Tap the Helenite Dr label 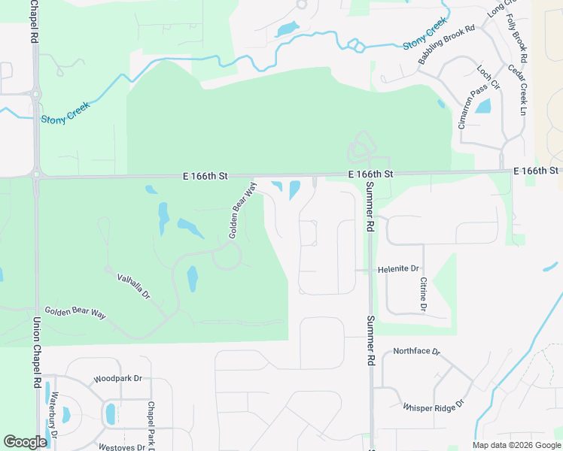click(398, 268)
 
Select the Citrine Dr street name click(423, 294)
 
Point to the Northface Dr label click(416, 351)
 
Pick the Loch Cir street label click(488, 74)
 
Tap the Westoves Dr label click(121, 446)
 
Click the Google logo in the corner click(25, 442)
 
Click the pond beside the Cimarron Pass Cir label click(482, 107)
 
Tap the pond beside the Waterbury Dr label click(65, 414)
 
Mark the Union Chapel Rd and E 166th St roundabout click(36, 175)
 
